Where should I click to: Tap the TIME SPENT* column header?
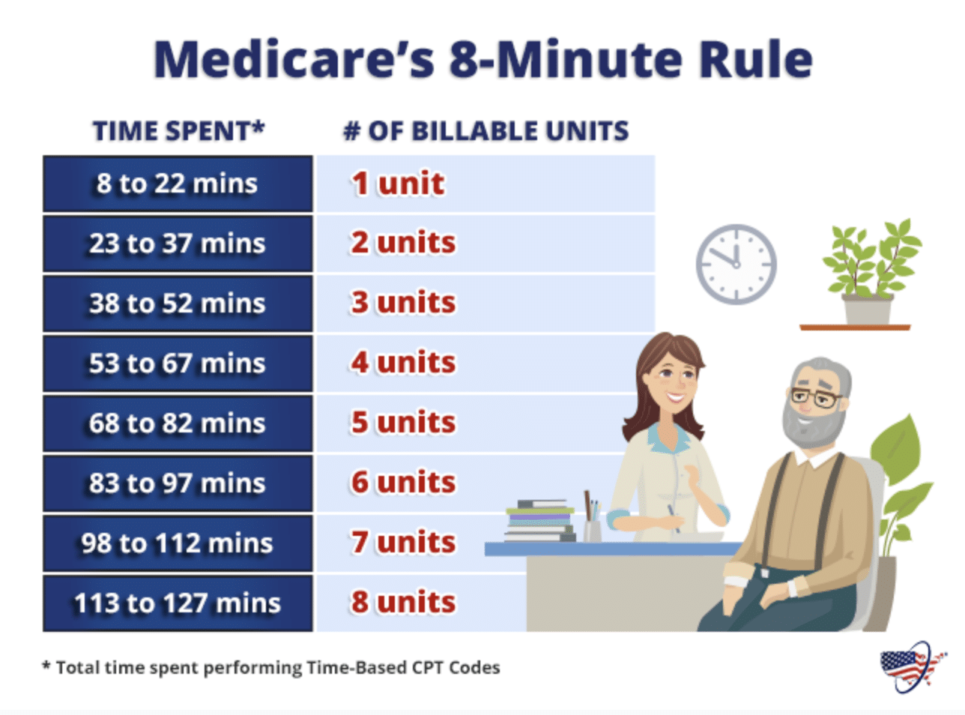[178, 131]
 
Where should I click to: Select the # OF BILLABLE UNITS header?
[485, 131]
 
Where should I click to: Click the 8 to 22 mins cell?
[178, 184]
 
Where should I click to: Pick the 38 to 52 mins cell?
[178, 304]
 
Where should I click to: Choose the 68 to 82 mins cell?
[178, 423]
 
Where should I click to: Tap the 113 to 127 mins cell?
[178, 603]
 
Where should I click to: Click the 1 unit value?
[398, 184]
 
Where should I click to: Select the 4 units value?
[403, 363]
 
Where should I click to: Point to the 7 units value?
[403, 542]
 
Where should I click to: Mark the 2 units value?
[403, 243]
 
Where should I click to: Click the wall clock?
[736, 264]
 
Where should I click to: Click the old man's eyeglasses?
[814, 396]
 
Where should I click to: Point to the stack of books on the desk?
[539, 520]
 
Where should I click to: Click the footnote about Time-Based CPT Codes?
[271, 668]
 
